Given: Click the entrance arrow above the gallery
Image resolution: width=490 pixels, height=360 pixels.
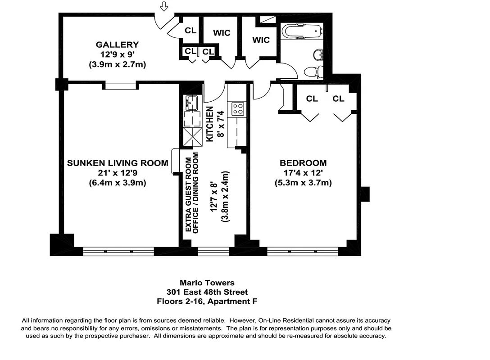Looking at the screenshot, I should click(x=164, y=6).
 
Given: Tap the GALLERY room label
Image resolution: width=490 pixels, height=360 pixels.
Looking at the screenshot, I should click(x=117, y=45).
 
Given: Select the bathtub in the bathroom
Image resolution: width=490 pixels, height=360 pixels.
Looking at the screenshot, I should click(x=302, y=31).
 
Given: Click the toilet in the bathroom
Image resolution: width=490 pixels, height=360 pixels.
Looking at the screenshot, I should click(x=313, y=72).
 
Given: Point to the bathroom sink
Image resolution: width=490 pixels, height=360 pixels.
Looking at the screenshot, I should click(x=318, y=55).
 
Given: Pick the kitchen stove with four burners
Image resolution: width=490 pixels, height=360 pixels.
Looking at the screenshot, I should click(x=238, y=108).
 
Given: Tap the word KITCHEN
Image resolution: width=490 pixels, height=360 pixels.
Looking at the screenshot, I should click(x=209, y=124).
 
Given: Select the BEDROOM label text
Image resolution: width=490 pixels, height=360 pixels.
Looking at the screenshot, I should click(x=303, y=163).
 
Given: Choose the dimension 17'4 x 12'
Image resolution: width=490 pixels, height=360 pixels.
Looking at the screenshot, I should click(x=303, y=173).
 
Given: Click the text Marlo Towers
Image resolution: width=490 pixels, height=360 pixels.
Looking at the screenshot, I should click(x=207, y=283).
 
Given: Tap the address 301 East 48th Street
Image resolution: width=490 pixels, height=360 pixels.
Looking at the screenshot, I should click(x=207, y=292).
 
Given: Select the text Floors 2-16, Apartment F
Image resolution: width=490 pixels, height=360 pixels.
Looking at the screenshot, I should click(x=207, y=301).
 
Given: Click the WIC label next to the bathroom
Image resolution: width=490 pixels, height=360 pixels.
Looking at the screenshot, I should click(x=261, y=40).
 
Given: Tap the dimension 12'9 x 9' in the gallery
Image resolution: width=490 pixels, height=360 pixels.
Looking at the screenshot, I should click(x=117, y=54).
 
